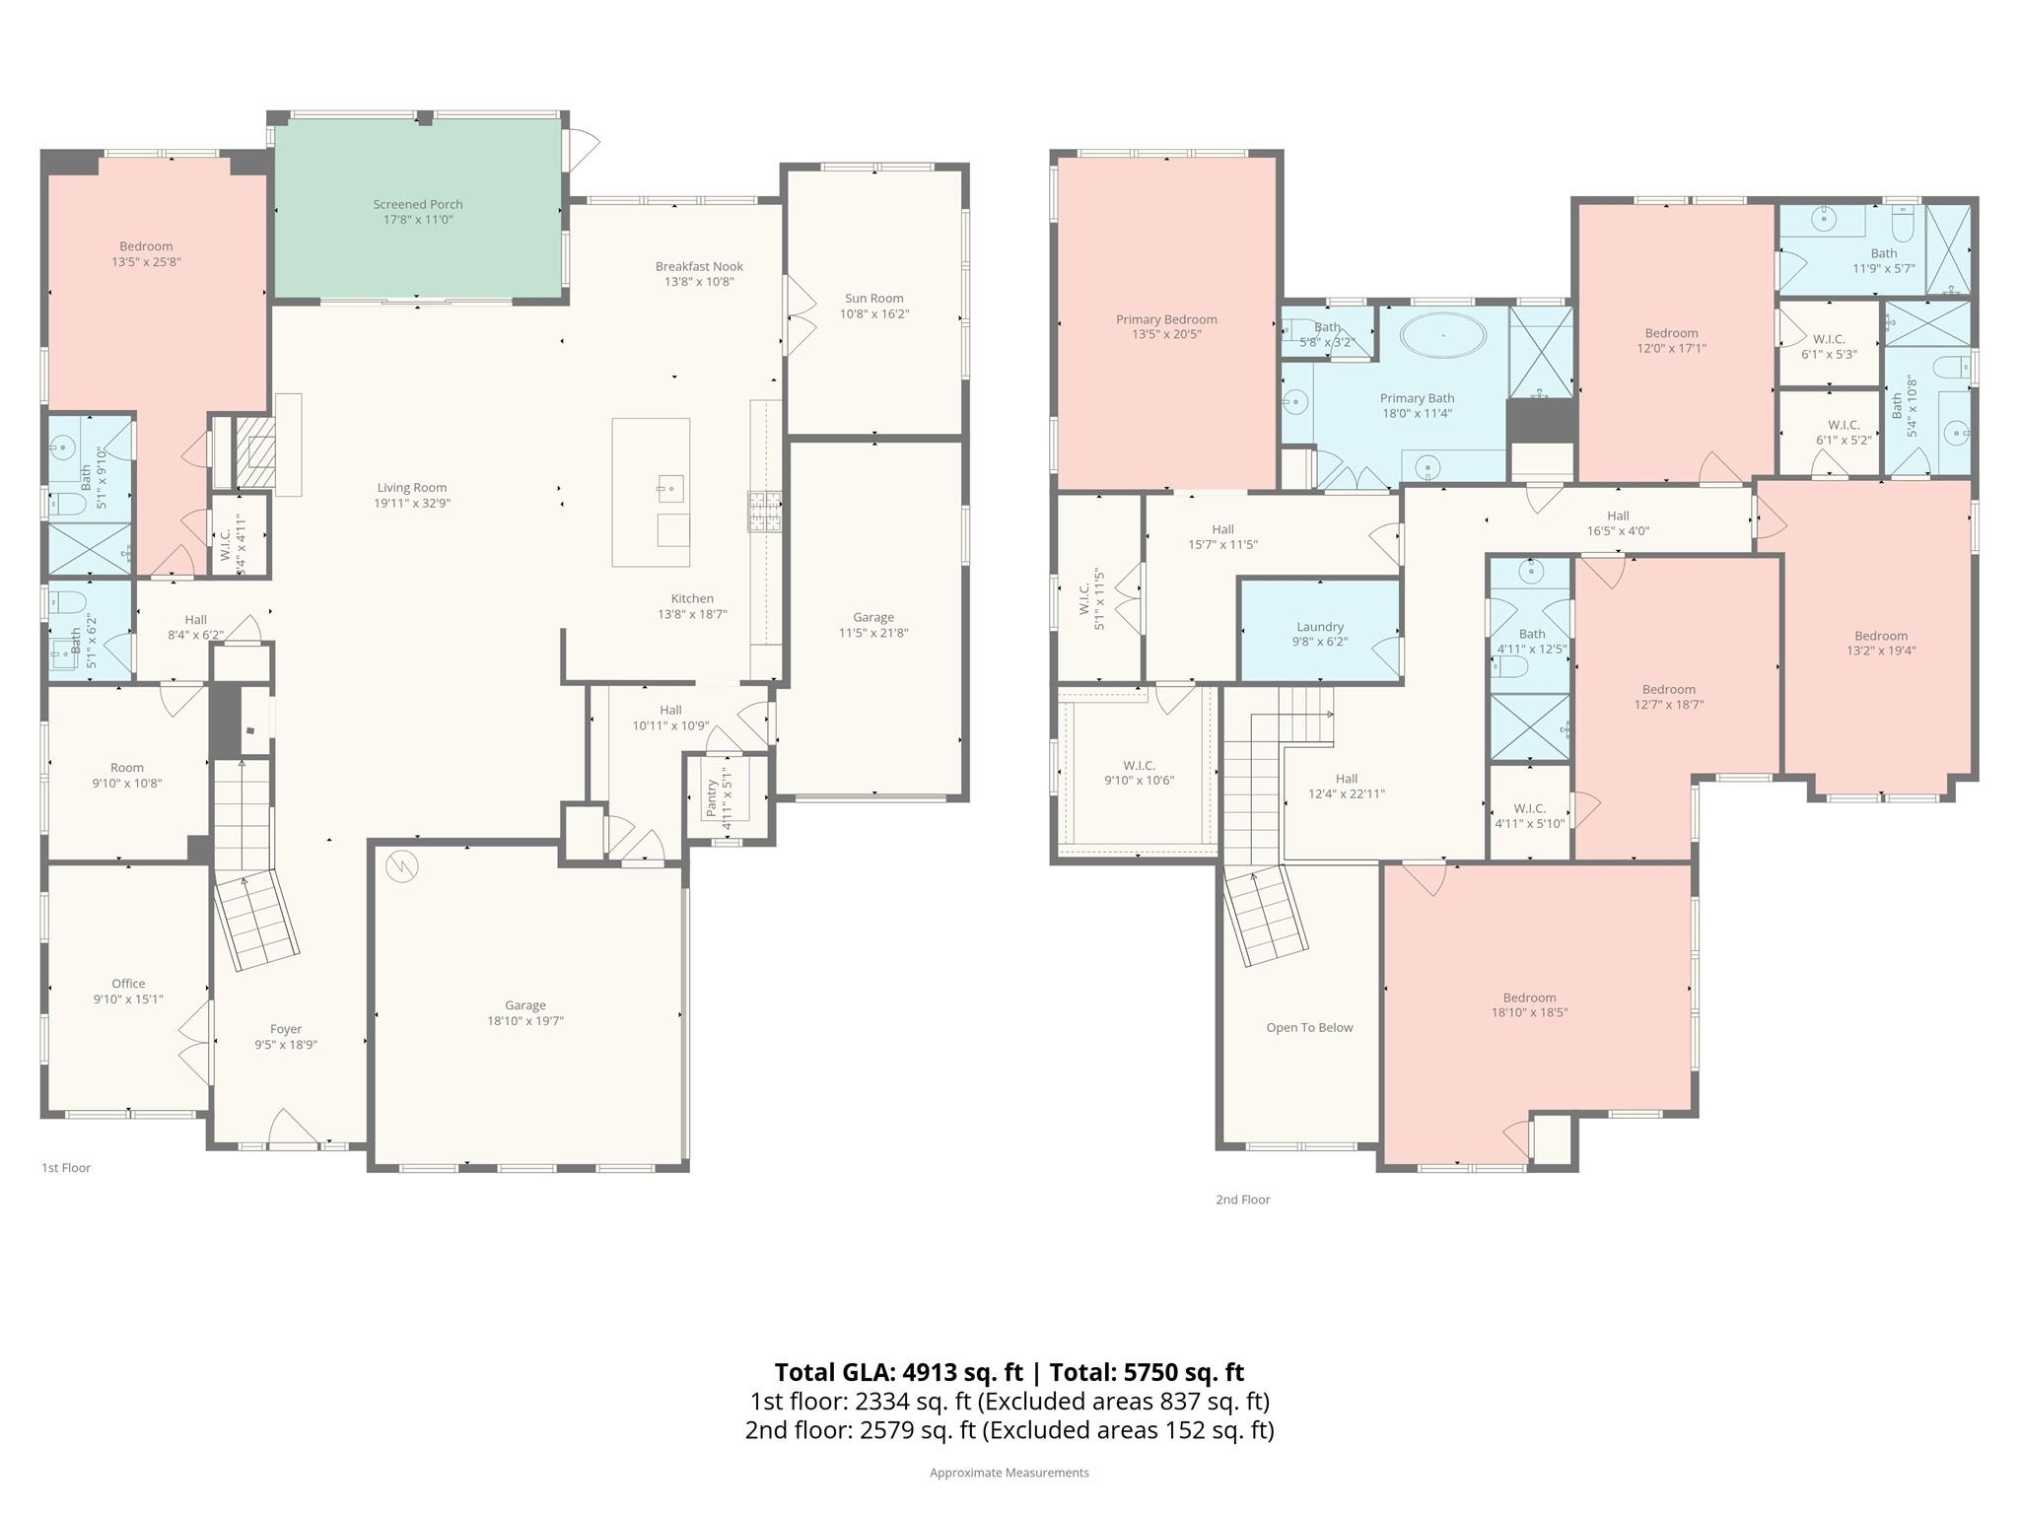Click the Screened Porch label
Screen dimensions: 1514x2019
coord(417,205)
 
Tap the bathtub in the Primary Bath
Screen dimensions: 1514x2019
coord(1443,336)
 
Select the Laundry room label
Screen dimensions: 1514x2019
coord(1319,627)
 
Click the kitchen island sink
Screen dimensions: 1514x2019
coord(670,487)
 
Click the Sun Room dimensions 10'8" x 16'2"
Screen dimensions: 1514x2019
coord(873,314)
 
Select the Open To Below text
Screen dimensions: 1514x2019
coord(1309,1027)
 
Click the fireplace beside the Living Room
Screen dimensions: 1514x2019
coord(259,452)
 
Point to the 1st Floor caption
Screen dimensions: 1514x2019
coord(66,1167)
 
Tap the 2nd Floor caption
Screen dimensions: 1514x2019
coord(1242,1200)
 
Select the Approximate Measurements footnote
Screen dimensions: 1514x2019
coord(1009,1473)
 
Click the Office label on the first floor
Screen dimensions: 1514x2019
coord(128,984)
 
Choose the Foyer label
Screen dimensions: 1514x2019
coord(286,1029)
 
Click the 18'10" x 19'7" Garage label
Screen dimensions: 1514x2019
coord(524,1020)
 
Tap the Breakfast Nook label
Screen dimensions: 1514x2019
coord(699,266)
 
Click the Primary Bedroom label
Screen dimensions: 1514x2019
coord(1166,319)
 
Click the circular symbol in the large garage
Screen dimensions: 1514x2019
coord(402,866)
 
